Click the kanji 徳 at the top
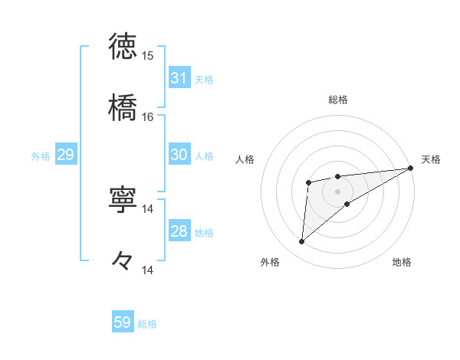pos(123,47)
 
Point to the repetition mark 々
pos(123,260)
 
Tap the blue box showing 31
pos(179,78)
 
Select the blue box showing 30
pos(179,155)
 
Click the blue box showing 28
pos(179,231)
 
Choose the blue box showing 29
pos(65,155)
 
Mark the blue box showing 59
pos(123,322)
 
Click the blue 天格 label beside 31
pos(204,79)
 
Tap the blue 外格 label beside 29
pos(41,155)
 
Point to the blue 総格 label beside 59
pos(147,324)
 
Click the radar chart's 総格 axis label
pos(338,100)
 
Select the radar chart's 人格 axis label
pos(245,159)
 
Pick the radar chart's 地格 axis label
pos(402,262)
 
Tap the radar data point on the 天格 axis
pos(411,169)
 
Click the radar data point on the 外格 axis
pos(301,242)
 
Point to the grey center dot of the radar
pos(338,191)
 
